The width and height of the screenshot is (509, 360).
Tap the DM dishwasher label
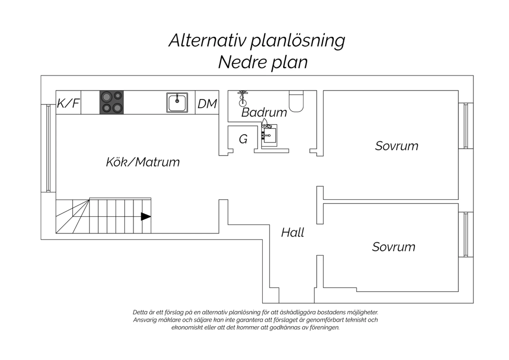pyautogui.click(x=207, y=104)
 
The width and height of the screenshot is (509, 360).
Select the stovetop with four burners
pyautogui.click(x=112, y=102)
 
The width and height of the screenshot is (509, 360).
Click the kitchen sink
pyautogui.click(x=177, y=102)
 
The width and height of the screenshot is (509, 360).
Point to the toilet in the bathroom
pyautogui.click(x=296, y=101)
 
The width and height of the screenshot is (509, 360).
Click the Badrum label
pyautogui.click(x=264, y=112)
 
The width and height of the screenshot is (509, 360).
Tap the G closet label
pyautogui.click(x=243, y=139)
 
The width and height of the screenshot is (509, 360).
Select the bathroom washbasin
pyautogui.click(x=269, y=135)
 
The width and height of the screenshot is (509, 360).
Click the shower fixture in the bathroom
pyautogui.click(x=243, y=98)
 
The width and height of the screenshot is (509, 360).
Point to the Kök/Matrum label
pyautogui.click(x=143, y=162)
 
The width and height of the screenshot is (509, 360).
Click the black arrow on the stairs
pyautogui.click(x=146, y=216)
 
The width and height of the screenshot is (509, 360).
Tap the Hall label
pyautogui.click(x=293, y=232)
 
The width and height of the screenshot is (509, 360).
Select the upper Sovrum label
pyautogui.click(x=397, y=146)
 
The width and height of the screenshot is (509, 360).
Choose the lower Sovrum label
pyautogui.click(x=394, y=247)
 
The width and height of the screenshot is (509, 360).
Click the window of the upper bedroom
pyautogui.click(x=466, y=126)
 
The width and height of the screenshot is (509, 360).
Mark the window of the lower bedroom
pyautogui.click(x=466, y=234)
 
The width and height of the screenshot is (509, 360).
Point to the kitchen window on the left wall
pyautogui.click(x=48, y=148)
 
